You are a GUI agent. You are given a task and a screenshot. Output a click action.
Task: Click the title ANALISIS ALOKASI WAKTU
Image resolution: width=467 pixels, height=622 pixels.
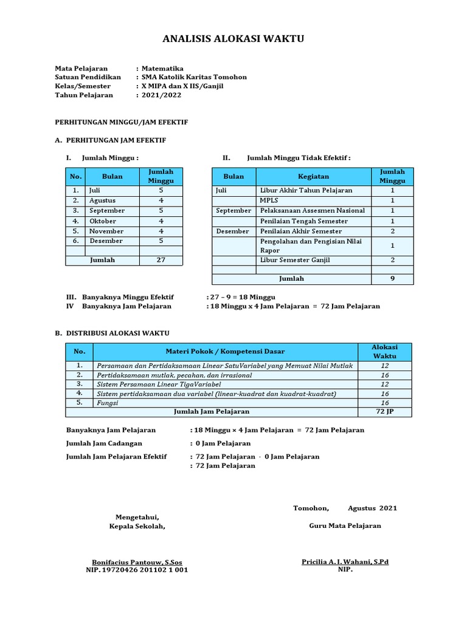tap(233, 39)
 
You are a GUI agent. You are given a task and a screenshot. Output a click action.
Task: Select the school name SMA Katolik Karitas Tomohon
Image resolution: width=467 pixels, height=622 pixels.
tap(194, 77)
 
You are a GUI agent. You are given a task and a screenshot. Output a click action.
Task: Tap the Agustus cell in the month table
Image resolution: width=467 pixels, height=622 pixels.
tap(102, 200)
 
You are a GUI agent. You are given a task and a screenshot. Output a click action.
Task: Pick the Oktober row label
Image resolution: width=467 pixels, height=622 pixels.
tap(102, 221)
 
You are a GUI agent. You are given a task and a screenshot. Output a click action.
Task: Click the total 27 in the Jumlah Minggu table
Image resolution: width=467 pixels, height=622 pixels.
tap(161, 260)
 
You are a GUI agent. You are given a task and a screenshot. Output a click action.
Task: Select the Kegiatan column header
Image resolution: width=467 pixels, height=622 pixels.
tap(313, 177)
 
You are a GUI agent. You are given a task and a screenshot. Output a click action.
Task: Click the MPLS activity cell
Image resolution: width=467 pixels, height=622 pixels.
tap(269, 200)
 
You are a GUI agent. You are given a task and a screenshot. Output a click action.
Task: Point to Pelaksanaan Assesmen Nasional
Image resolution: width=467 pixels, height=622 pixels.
tap(313, 211)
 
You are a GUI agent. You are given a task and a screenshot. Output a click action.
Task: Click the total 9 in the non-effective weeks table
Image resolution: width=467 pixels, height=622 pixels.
tap(392, 279)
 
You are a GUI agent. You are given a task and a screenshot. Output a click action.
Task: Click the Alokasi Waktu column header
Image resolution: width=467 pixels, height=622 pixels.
tap(384, 352)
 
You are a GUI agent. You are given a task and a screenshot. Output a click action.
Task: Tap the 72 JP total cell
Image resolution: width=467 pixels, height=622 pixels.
tap(384, 412)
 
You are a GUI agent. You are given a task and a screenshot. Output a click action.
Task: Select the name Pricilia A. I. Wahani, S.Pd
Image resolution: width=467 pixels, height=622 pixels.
tap(345, 562)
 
